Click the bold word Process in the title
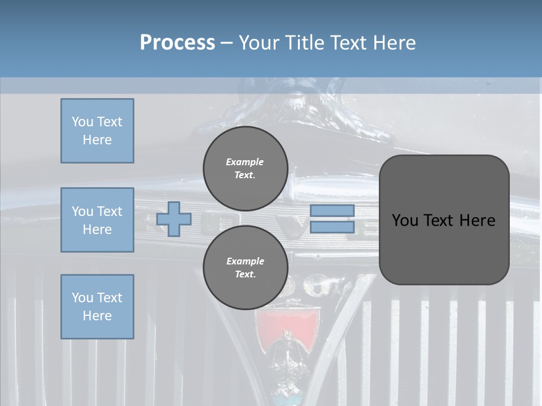click(177, 43)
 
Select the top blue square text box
click(97, 131)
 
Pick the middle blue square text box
click(97, 220)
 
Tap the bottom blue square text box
click(97, 307)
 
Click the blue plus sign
click(174, 219)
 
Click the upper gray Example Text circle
click(245, 169)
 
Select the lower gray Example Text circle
click(245, 268)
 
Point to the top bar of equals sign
click(332, 210)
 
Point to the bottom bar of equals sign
click(332, 227)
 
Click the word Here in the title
click(395, 43)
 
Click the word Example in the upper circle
click(245, 162)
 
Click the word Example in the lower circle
click(245, 261)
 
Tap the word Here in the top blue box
click(97, 140)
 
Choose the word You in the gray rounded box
click(404, 220)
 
